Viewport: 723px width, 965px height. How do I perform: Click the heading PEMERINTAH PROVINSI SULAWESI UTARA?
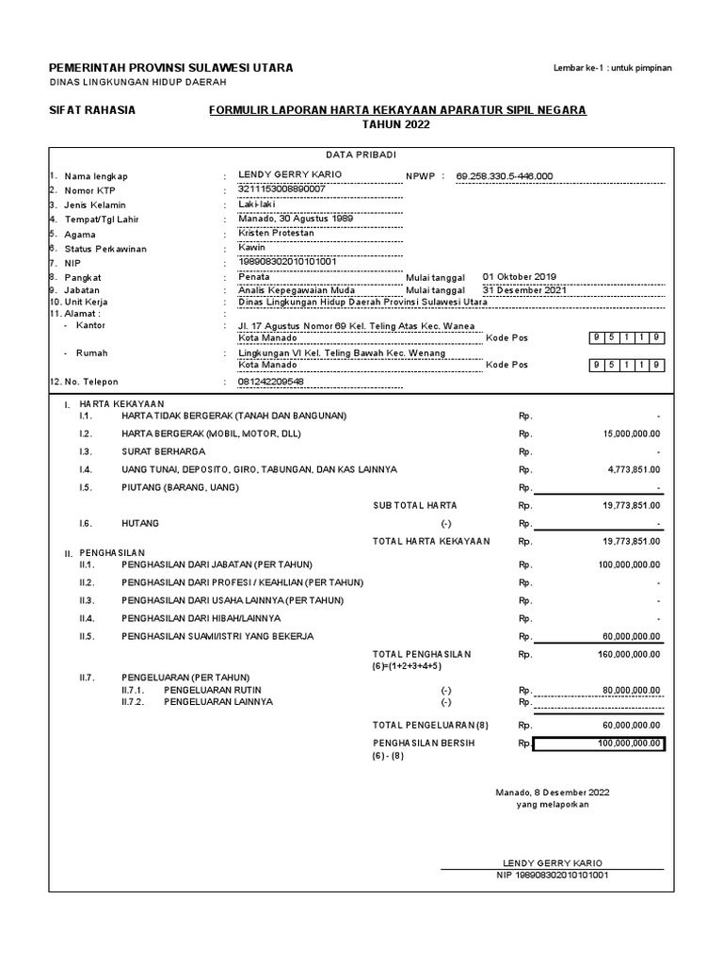(170, 68)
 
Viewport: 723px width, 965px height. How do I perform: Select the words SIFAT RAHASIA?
(92, 110)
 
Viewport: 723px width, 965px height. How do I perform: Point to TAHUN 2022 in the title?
(396, 124)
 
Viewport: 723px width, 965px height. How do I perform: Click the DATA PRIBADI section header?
(361, 154)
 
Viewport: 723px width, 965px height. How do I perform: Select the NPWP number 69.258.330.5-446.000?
(505, 175)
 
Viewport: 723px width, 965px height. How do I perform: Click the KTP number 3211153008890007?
(281, 189)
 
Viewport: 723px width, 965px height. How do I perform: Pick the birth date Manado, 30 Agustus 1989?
(289, 219)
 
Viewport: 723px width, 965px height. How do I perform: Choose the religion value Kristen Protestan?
(276, 233)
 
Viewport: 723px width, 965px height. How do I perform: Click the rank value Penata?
(254, 277)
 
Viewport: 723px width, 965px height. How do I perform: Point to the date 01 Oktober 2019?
(519, 277)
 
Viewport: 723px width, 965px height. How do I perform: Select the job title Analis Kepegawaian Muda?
(296, 291)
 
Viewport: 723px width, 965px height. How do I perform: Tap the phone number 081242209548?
(271, 382)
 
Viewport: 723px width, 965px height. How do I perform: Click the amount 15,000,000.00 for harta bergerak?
(632, 433)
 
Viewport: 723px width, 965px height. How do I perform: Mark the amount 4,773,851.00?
(635, 468)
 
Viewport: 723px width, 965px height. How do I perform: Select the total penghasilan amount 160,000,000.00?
(629, 653)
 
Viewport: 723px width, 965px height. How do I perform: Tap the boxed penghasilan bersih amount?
(599, 744)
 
